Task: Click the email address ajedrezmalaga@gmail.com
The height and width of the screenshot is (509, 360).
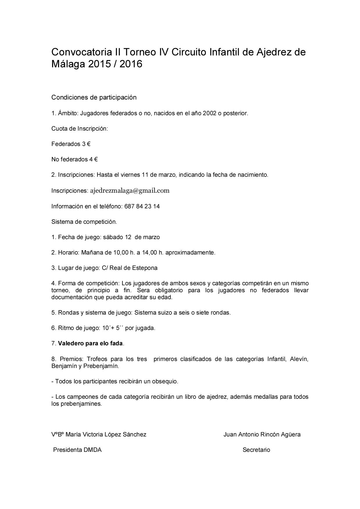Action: tap(130, 191)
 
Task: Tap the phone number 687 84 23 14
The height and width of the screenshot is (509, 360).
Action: tap(142, 206)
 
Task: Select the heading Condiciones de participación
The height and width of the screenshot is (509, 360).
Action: tap(94, 98)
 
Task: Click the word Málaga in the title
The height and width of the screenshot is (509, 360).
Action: tap(68, 64)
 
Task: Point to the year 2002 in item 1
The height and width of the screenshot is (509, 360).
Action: tap(209, 113)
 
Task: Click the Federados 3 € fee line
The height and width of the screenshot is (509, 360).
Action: tap(71, 144)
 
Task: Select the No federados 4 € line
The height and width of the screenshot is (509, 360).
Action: tap(74, 159)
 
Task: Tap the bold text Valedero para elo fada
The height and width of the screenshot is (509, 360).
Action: tap(90, 343)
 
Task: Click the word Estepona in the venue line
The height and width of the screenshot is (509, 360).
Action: tap(145, 268)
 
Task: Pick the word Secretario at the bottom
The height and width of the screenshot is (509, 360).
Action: tap(256, 450)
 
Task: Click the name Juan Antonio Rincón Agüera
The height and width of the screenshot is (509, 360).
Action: tap(262, 434)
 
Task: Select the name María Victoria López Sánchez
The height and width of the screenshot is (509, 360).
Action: tap(106, 434)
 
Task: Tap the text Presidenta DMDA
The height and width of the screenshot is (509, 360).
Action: tap(77, 450)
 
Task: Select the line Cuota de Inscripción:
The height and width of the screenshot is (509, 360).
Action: tap(80, 129)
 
